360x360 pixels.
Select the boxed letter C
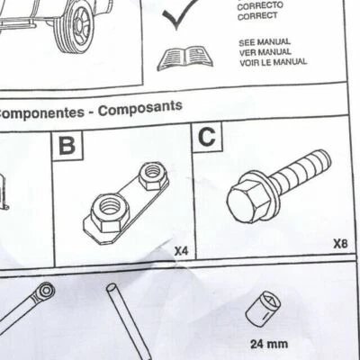point(207,137)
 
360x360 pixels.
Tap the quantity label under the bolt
point(339,243)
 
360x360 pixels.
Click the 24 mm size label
point(269,343)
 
